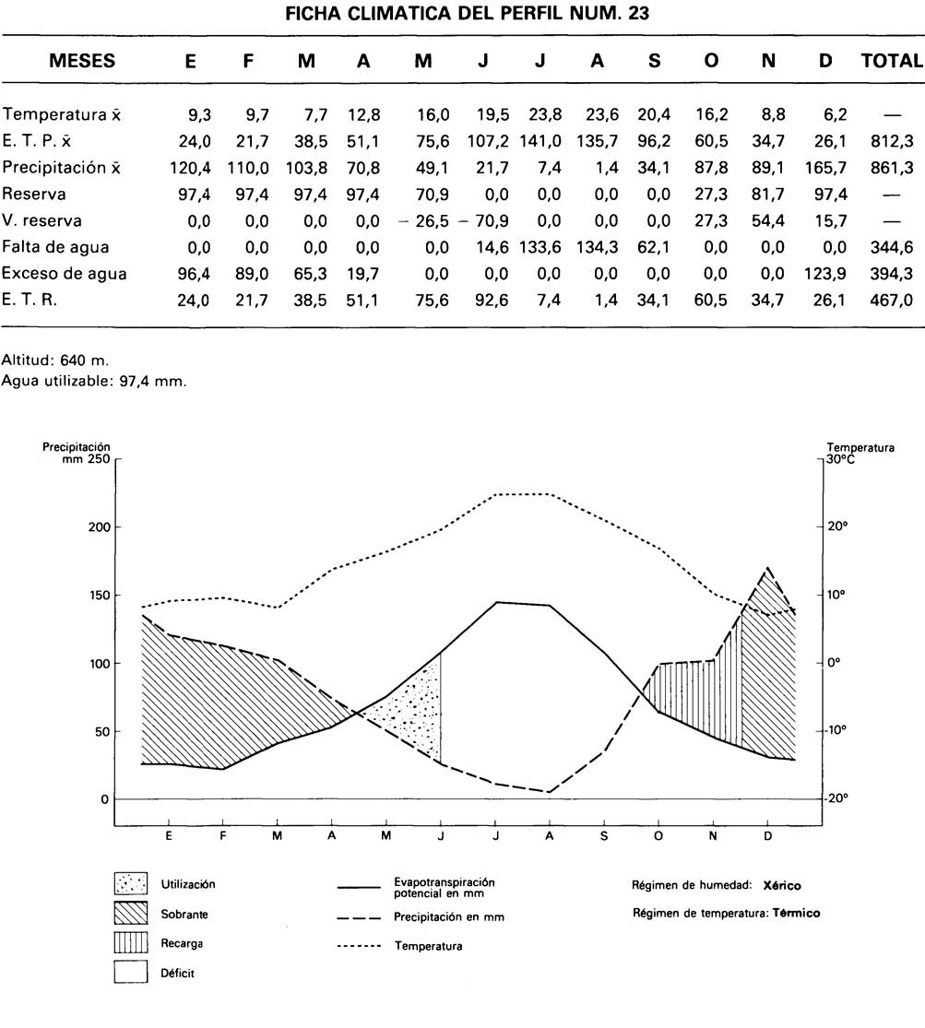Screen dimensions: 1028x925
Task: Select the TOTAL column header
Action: click(x=891, y=62)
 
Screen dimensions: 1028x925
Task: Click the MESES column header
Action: click(x=82, y=62)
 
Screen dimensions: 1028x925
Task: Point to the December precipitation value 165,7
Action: click(x=825, y=168)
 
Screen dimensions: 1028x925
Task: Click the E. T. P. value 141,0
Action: click(x=540, y=142)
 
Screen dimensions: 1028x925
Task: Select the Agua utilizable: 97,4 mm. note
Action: click(x=94, y=378)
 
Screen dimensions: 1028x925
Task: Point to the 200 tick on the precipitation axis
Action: click(x=101, y=527)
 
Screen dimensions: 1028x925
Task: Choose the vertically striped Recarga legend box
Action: click(x=131, y=944)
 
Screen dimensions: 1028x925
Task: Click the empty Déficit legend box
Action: click(x=131, y=973)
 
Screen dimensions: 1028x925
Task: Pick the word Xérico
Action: click(x=782, y=885)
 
